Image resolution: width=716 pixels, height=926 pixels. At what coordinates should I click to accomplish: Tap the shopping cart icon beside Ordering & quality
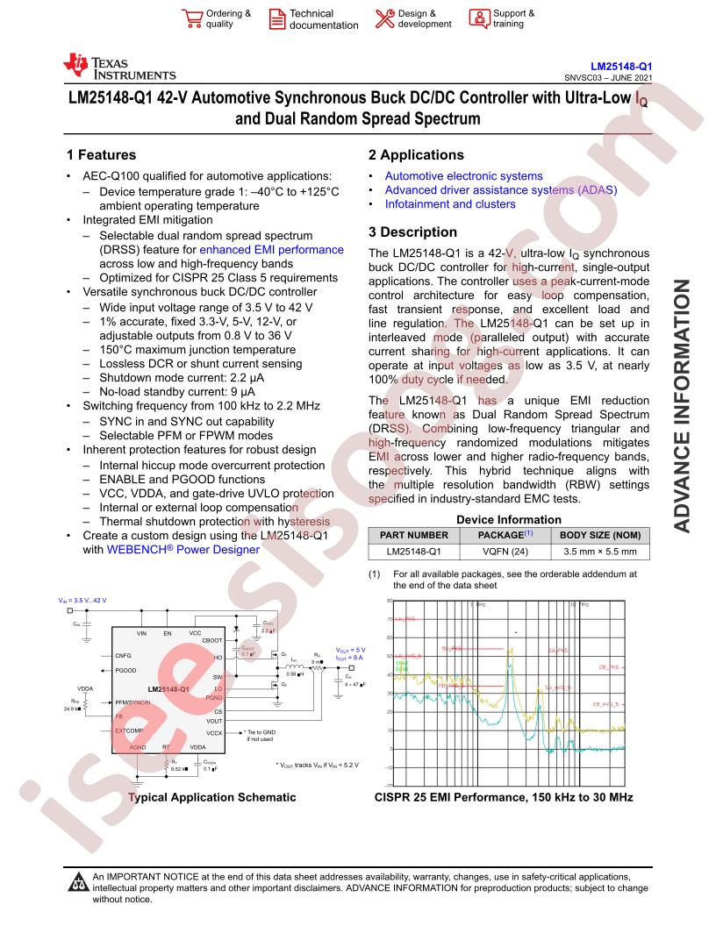[x=190, y=18]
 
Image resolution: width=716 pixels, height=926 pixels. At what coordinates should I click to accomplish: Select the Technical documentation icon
[x=276, y=19]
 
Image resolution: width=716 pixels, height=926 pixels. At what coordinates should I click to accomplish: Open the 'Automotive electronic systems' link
[x=463, y=176]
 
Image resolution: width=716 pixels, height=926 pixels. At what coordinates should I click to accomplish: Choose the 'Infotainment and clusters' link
[x=450, y=204]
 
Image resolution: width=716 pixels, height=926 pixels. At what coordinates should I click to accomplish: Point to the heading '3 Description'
[x=412, y=232]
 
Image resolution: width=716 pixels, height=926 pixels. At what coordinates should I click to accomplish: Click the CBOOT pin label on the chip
[x=211, y=641]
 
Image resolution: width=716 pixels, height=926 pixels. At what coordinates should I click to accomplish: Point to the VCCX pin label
[x=213, y=732]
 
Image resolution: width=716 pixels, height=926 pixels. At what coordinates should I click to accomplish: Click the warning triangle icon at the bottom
[x=77, y=882]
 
